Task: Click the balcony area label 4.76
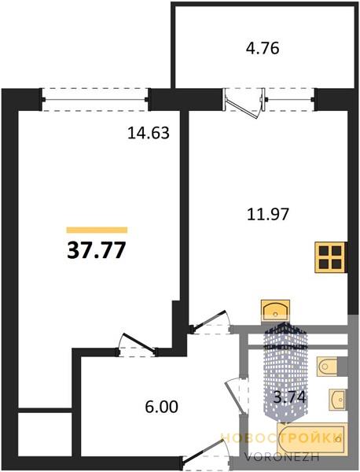pos(263,49)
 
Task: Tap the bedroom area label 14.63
pos(149,133)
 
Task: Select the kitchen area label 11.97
pos(268,214)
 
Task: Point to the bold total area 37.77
pos(96,250)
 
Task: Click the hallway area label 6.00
pos(161,407)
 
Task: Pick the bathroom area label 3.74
pos(289,397)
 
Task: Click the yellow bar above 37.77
pos(97,230)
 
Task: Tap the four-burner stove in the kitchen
pos(330,257)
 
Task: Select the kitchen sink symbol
pos(275,311)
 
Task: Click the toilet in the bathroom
pos(328,366)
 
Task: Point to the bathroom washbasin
pos(337,399)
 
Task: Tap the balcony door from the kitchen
pos(244,104)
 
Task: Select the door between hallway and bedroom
pos(138,345)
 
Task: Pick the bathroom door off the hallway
pos(237,396)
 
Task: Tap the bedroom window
pos(95,99)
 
